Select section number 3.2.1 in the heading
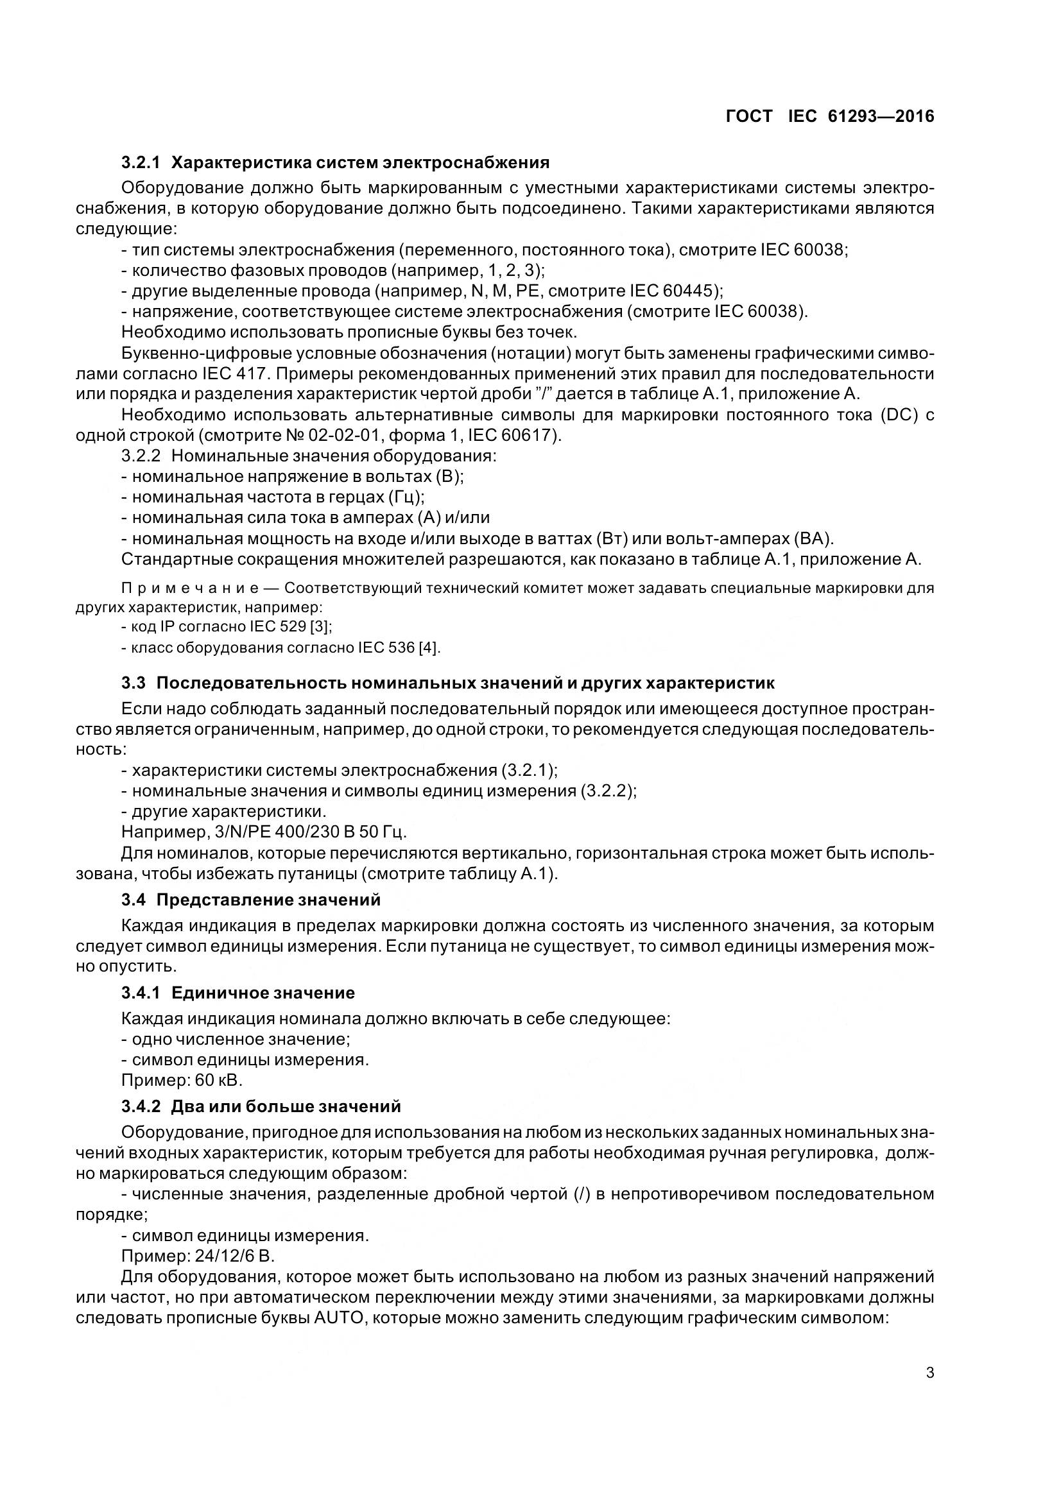141,162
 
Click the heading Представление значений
268,900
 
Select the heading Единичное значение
263,993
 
